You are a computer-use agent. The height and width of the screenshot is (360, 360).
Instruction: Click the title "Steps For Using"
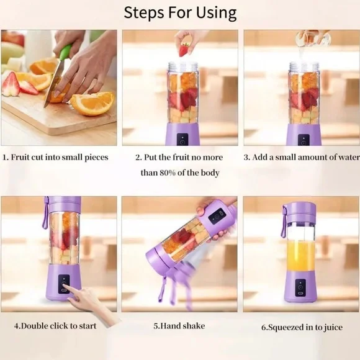click(180, 12)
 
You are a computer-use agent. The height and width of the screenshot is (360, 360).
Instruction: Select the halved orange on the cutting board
click(93, 103)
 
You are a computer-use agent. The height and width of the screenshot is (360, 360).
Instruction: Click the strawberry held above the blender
click(184, 48)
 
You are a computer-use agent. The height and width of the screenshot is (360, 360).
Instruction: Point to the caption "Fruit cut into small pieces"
click(59, 158)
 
